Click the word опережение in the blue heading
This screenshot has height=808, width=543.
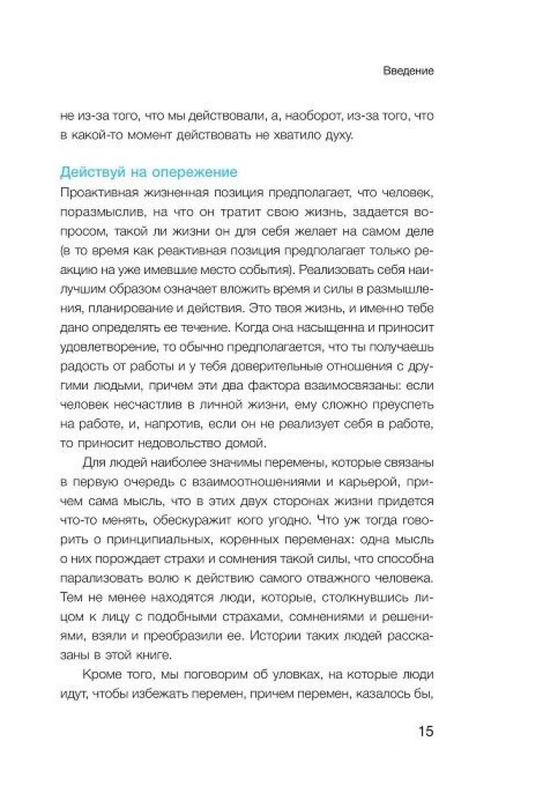[193, 172]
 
